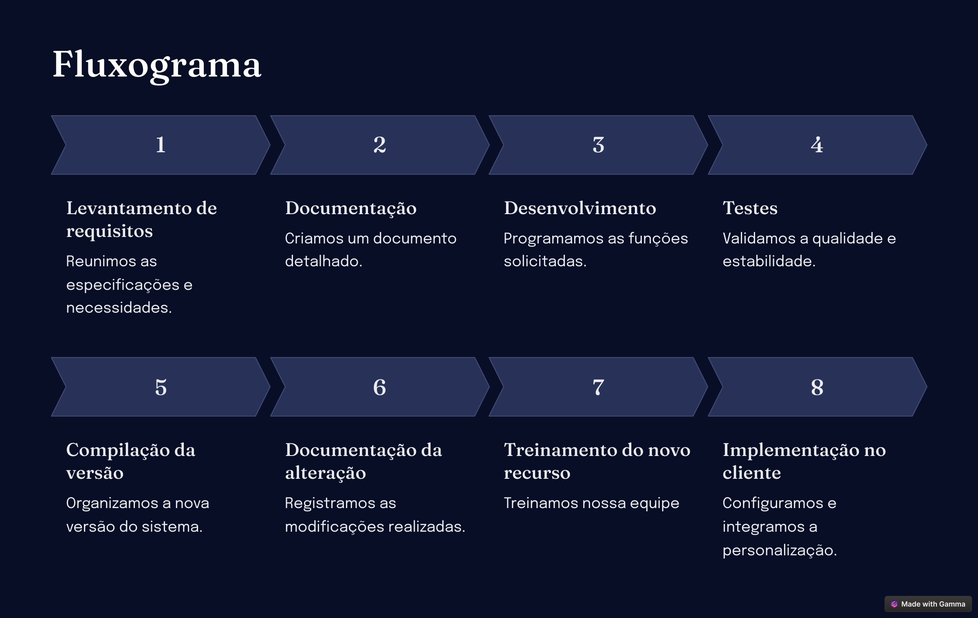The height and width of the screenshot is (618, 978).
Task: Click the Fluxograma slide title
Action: coord(157,65)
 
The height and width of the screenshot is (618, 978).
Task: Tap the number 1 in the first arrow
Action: coord(161,145)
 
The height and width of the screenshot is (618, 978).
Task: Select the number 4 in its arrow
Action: coord(817,145)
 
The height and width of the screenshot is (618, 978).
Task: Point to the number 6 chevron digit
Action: coord(379,387)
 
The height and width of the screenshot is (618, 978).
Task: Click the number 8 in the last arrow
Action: coord(817,387)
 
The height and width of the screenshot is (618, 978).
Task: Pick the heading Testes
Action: coord(750,208)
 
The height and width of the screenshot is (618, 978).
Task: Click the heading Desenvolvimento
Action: coord(580,208)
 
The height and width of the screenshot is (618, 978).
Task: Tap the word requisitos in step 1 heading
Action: coord(110,231)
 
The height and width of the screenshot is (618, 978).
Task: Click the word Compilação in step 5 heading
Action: coord(118,450)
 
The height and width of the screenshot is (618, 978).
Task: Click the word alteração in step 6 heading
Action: coord(325,473)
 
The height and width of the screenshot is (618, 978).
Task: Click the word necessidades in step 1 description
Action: coord(119,308)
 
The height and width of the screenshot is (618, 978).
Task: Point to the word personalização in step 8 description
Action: coord(780,550)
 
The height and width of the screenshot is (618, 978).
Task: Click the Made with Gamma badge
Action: coord(928,604)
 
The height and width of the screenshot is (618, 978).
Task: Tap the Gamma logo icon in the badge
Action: coord(894,604)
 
